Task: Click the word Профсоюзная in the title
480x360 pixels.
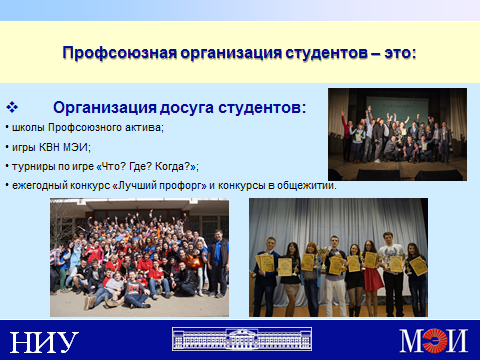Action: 120,53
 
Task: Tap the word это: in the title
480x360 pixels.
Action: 400,53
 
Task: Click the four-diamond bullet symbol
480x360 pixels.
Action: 12,107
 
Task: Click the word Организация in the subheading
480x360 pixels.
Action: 105,108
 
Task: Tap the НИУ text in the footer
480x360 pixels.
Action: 44,342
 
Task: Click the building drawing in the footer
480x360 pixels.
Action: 242,339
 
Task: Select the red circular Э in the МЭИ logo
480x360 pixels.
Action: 434,340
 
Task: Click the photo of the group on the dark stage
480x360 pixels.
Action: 397,134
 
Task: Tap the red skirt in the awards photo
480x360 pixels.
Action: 373,279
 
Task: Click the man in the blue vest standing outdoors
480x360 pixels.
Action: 218,262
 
